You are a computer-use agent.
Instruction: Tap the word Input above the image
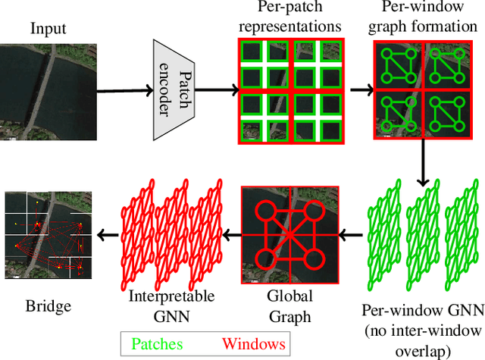tap(48, 29)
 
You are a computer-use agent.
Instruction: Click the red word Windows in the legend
tap(252, 344)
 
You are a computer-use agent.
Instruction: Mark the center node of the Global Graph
tap(290, 236)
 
